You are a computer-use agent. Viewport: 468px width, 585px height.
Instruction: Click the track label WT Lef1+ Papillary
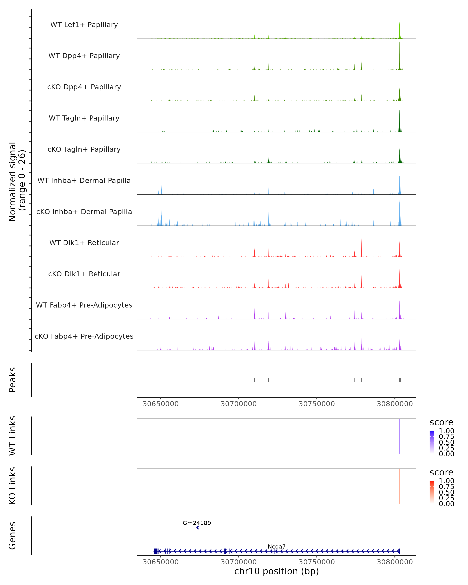(84, 25)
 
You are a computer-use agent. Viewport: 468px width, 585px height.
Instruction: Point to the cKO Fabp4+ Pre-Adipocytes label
(84, 336)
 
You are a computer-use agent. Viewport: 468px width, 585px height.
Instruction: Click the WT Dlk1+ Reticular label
(84, 243)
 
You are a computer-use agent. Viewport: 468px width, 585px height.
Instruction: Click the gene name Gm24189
(197, 523)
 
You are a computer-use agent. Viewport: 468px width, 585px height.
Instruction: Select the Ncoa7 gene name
(277, 546)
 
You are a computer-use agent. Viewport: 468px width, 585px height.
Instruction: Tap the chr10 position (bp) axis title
(277, 571)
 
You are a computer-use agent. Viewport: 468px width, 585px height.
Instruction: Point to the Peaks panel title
(12, 380)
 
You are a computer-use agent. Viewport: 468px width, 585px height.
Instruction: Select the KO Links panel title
(12, 486)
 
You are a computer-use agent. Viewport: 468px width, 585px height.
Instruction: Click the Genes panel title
(12, 536)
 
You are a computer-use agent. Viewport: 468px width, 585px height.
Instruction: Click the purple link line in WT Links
(400, 436)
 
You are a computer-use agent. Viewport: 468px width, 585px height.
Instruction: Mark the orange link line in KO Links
(400, 486)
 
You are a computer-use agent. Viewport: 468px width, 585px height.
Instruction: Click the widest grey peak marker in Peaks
(400, 380)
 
